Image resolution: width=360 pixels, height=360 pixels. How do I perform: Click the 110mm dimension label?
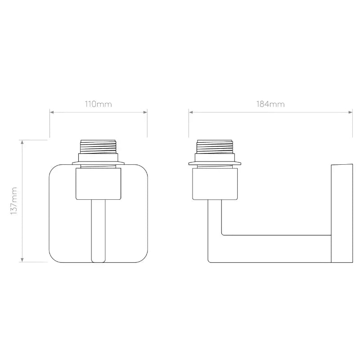click(98, 104)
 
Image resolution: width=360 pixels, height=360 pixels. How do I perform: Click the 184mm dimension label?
click(270, 104)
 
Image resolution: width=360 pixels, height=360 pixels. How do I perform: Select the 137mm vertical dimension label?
click(14, 201)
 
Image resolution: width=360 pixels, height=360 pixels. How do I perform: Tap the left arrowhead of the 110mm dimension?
click(52, 112)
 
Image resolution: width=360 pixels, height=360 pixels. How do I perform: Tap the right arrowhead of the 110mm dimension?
click(145, 112)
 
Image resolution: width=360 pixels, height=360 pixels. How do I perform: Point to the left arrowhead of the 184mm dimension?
click(191, 112)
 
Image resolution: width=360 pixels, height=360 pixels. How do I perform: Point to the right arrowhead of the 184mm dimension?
click(351, 112)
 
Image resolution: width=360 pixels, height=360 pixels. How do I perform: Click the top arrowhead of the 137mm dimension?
click(22, 142)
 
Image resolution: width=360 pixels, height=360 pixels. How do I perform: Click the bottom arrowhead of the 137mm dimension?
click(22, 260)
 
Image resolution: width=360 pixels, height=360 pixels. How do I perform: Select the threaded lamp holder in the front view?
click(98, 147)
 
